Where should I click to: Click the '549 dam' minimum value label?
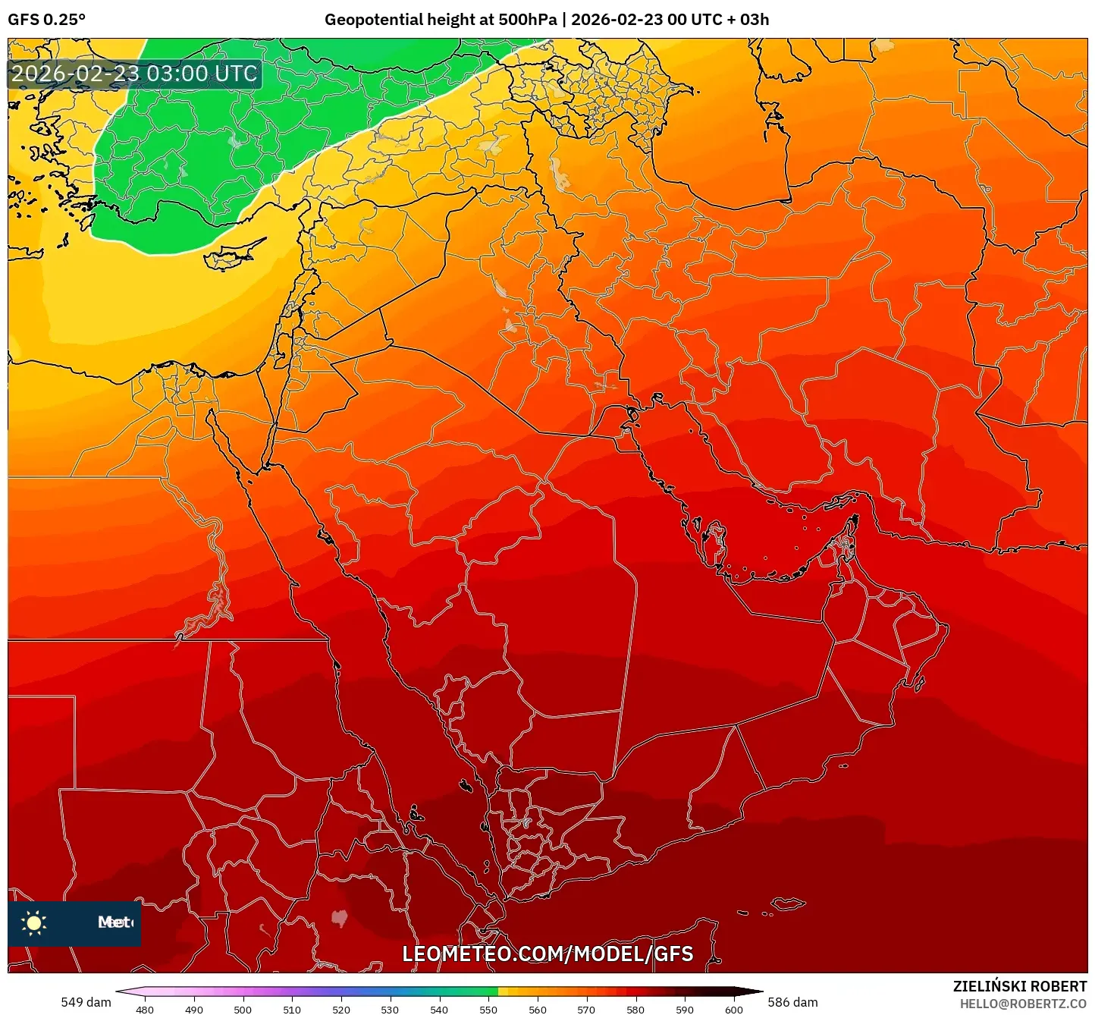tap(86, 1002)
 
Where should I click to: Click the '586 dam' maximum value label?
tap(792, 1002)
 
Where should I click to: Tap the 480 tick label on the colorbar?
tap(144, 1010)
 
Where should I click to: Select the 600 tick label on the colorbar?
tap(733, 1010)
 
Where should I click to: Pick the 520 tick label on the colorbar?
tap(340, 1010)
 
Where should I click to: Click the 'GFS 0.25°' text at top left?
tap(46, 20)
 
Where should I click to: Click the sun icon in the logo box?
tap(34, 922)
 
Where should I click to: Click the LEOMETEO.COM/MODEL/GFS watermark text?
tap(547, 954)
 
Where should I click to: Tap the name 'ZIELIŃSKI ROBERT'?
tap(1020, 986)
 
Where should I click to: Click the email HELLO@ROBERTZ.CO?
tap(1023, 1004)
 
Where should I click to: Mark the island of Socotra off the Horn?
tap(789, 903)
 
